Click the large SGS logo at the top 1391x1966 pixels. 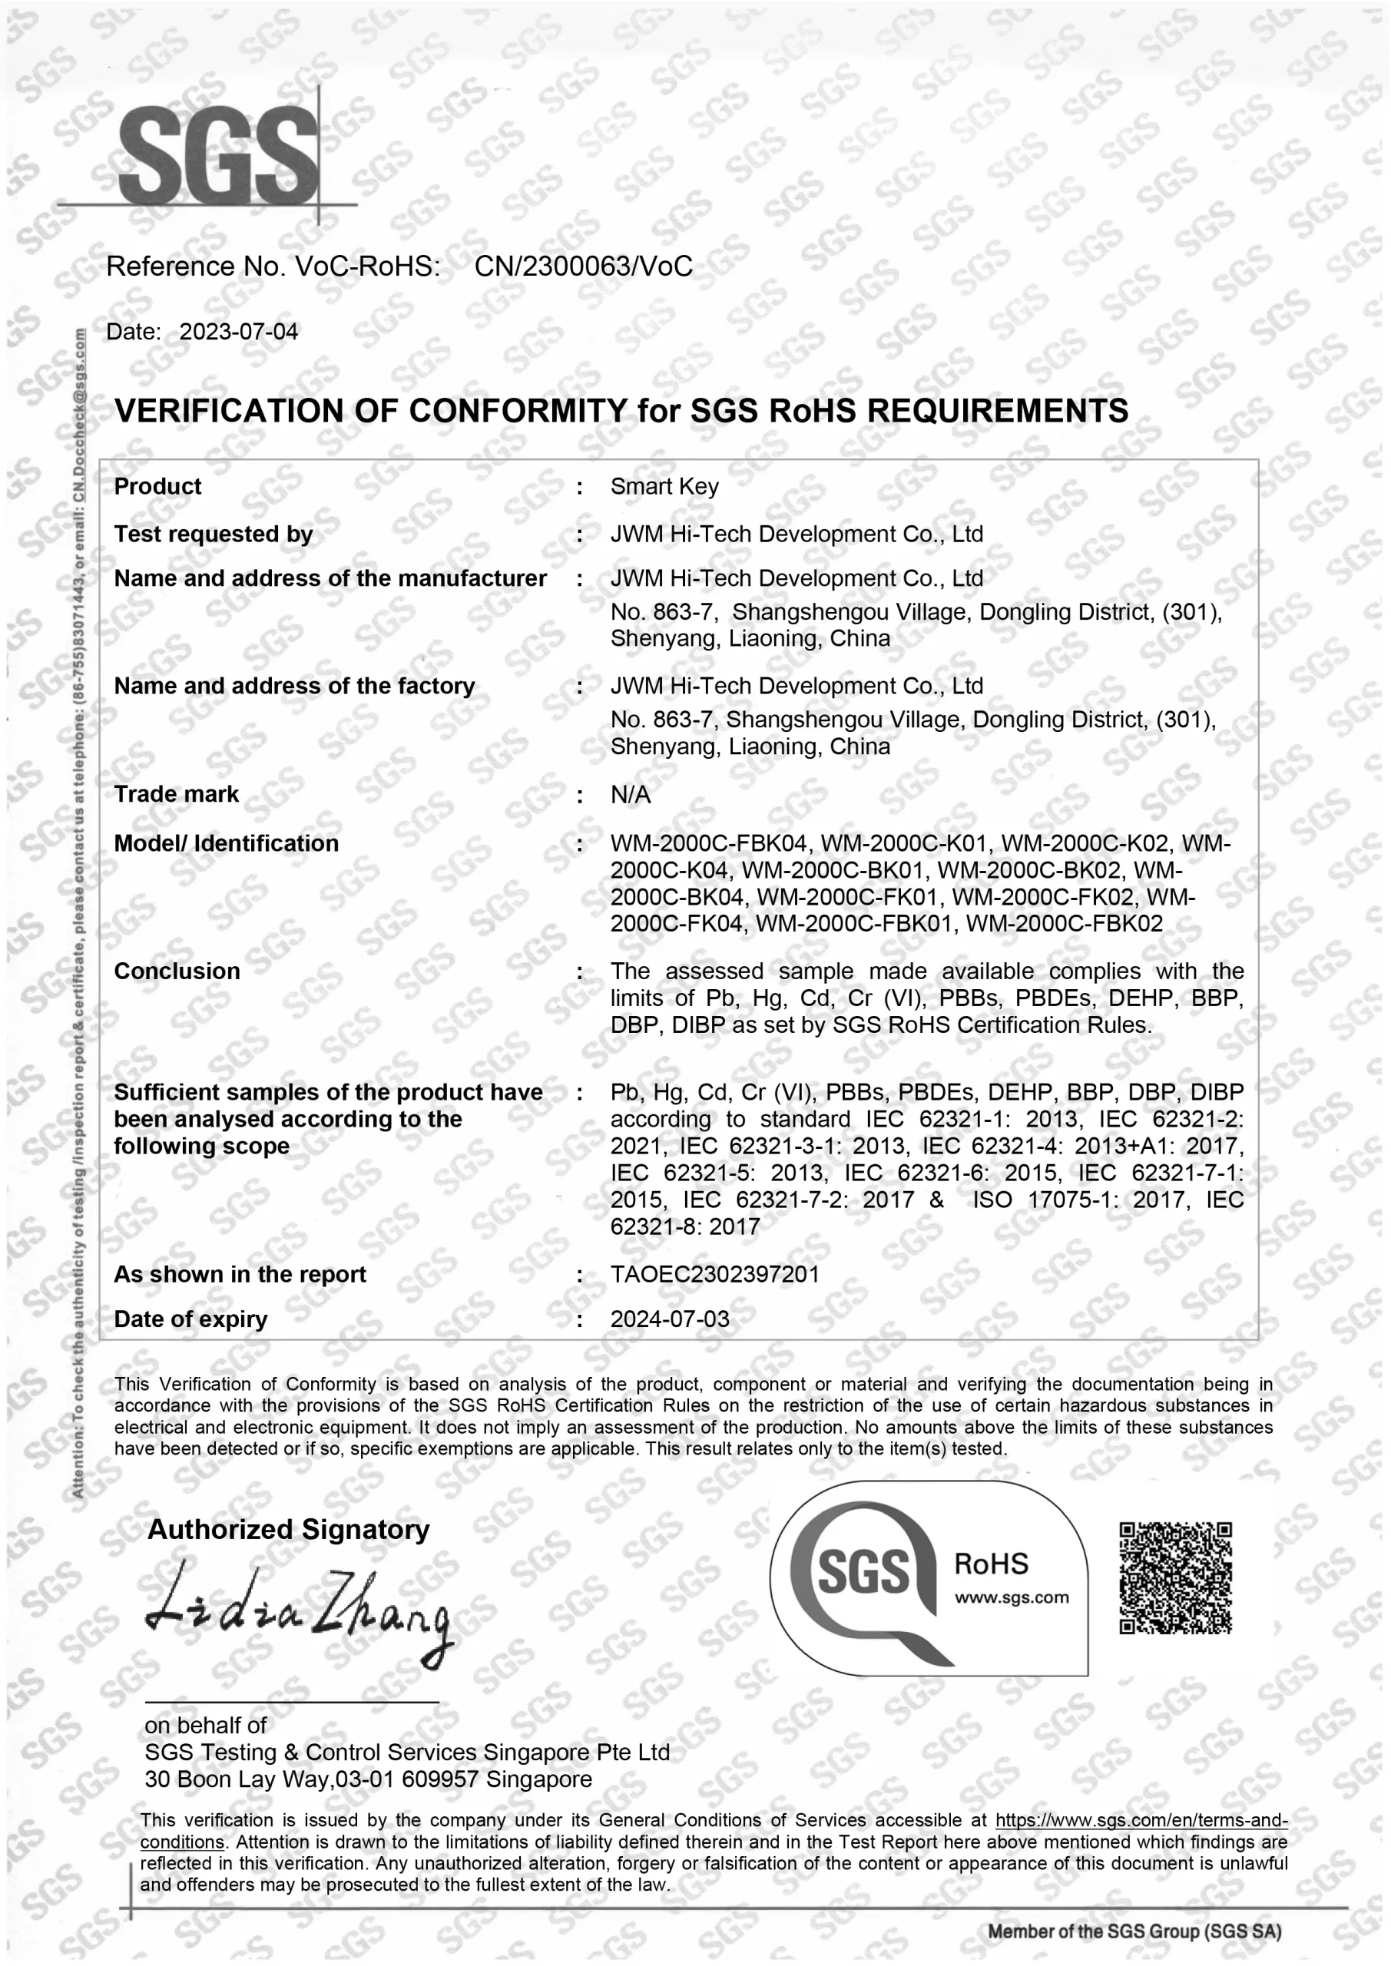pyautogui.click(x=217, y=157)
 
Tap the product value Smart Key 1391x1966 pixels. pyautogui.click(x=664, y=486)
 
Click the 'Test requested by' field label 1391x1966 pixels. pyautogui.click(x=214, y=534)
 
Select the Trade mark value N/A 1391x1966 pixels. pyautogui.click(x=630, y=795)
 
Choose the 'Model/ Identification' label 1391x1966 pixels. pyautogui.click(x=226, y=843)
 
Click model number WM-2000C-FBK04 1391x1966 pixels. pyautogui.click(x=708, y=843)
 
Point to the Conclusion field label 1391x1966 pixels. pyautogui.click(x=177, y=971)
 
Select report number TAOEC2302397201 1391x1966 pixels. pyautogui.click(x=714, y=1274)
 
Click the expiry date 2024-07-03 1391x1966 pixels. pyautogui.click(x=670, y=1319)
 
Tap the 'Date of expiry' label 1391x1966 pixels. pyautogui.click(x=190, y=1319)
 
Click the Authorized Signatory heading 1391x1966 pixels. pyautogui.click(x=289, y=1528)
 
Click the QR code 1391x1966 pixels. pyautogui.click(x=1175, y=1577)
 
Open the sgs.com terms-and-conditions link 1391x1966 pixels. pyautogui.click(x=1141, y=1820)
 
